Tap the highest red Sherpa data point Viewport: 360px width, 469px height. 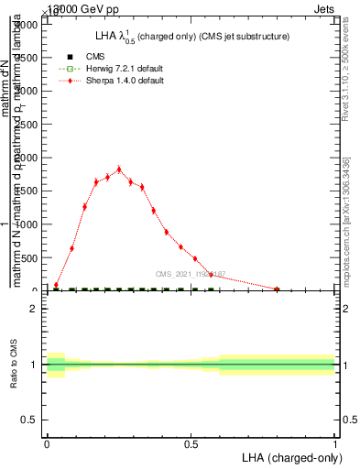tap(119, 169)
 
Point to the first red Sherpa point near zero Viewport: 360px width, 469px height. tap(56, 285)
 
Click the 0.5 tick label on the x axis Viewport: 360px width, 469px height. tap(191, 444)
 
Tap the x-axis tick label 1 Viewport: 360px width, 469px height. tap(334, 444)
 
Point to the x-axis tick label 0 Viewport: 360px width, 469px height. tap(47, 444)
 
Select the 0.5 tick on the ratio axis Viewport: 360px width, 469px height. tap(29, 420)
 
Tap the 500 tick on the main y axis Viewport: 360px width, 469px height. tap(29, 257)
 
